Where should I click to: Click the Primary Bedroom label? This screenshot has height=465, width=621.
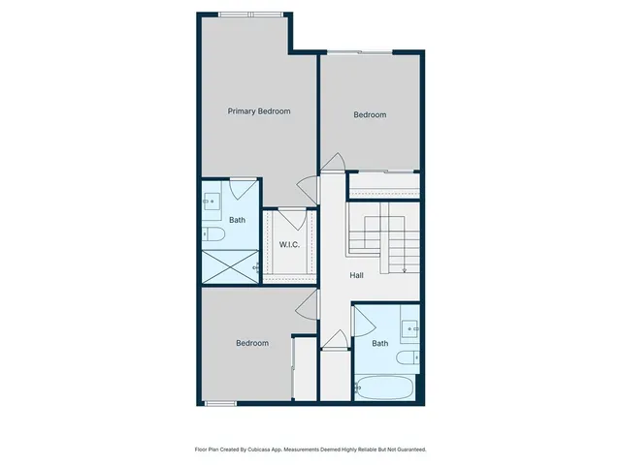pos(259,111)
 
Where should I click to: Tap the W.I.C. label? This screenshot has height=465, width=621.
pos(289,244)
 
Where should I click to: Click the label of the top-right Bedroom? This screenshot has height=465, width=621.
pos(370,115)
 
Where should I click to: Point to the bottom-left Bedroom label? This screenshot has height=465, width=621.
pos(252,343)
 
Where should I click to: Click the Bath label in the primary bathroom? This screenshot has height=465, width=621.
pos(238,220)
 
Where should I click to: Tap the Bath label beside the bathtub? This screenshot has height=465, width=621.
pos(380,343)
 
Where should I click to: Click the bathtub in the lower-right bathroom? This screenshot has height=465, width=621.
pos(386,387)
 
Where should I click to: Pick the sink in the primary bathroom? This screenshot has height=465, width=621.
pos(212,203)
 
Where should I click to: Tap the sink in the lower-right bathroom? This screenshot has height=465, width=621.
pos(410,327)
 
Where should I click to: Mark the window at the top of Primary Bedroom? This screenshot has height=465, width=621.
pos(251,14)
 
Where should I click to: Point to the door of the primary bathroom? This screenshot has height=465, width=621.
pos(245,187)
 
